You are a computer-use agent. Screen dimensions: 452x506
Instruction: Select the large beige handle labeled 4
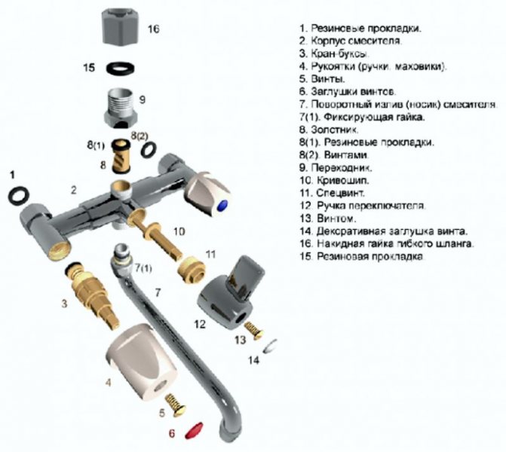point(144,362)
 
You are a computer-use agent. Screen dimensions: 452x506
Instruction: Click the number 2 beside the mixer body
point(74,191)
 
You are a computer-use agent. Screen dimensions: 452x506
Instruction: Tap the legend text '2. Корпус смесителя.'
point(350,41)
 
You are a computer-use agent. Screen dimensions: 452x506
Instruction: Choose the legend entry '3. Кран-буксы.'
point(333,53)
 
